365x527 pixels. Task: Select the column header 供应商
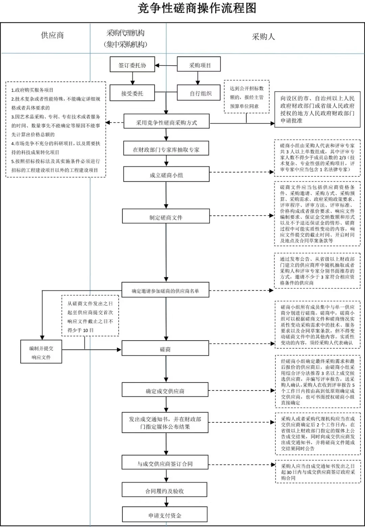pos(52,35)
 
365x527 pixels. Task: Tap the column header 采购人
pos(263,37)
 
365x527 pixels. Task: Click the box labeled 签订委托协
pos(132,65)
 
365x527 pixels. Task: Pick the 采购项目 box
pos(199,65)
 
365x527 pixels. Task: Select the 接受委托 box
pos(132,93)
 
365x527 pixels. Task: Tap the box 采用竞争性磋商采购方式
pos(166,122)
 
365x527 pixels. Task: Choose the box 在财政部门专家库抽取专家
pos(166,149)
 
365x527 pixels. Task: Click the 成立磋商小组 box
pos(166,175)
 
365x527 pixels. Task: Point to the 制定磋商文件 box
pos(166,217)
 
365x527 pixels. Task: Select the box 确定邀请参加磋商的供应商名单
pos(165,291)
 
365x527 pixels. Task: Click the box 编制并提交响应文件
pos(41,352)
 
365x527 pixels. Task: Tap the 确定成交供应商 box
pos(165,391)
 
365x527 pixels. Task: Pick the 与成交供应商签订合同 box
pos(165,463)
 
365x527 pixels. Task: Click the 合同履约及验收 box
pos(165,491)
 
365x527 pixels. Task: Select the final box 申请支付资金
pos(165,516)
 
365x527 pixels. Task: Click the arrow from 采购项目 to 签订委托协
pos(166,65)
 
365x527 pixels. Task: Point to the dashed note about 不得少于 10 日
pos(90,317)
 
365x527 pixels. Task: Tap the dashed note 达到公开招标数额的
pos(247,97)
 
